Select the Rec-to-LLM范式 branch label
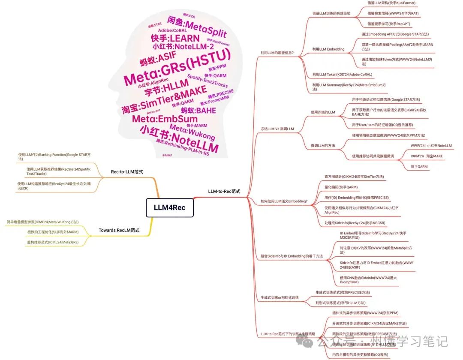126,171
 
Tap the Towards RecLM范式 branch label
119,230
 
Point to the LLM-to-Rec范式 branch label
224,191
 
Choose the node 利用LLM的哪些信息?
277,53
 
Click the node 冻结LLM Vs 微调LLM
277,129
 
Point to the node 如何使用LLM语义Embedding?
284,201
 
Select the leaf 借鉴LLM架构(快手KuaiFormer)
391,3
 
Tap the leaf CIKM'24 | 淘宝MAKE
427,156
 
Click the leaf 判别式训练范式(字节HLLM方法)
343,303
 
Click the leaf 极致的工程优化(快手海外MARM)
53,232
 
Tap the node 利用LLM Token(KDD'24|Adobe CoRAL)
342,75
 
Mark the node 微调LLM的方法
323,146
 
